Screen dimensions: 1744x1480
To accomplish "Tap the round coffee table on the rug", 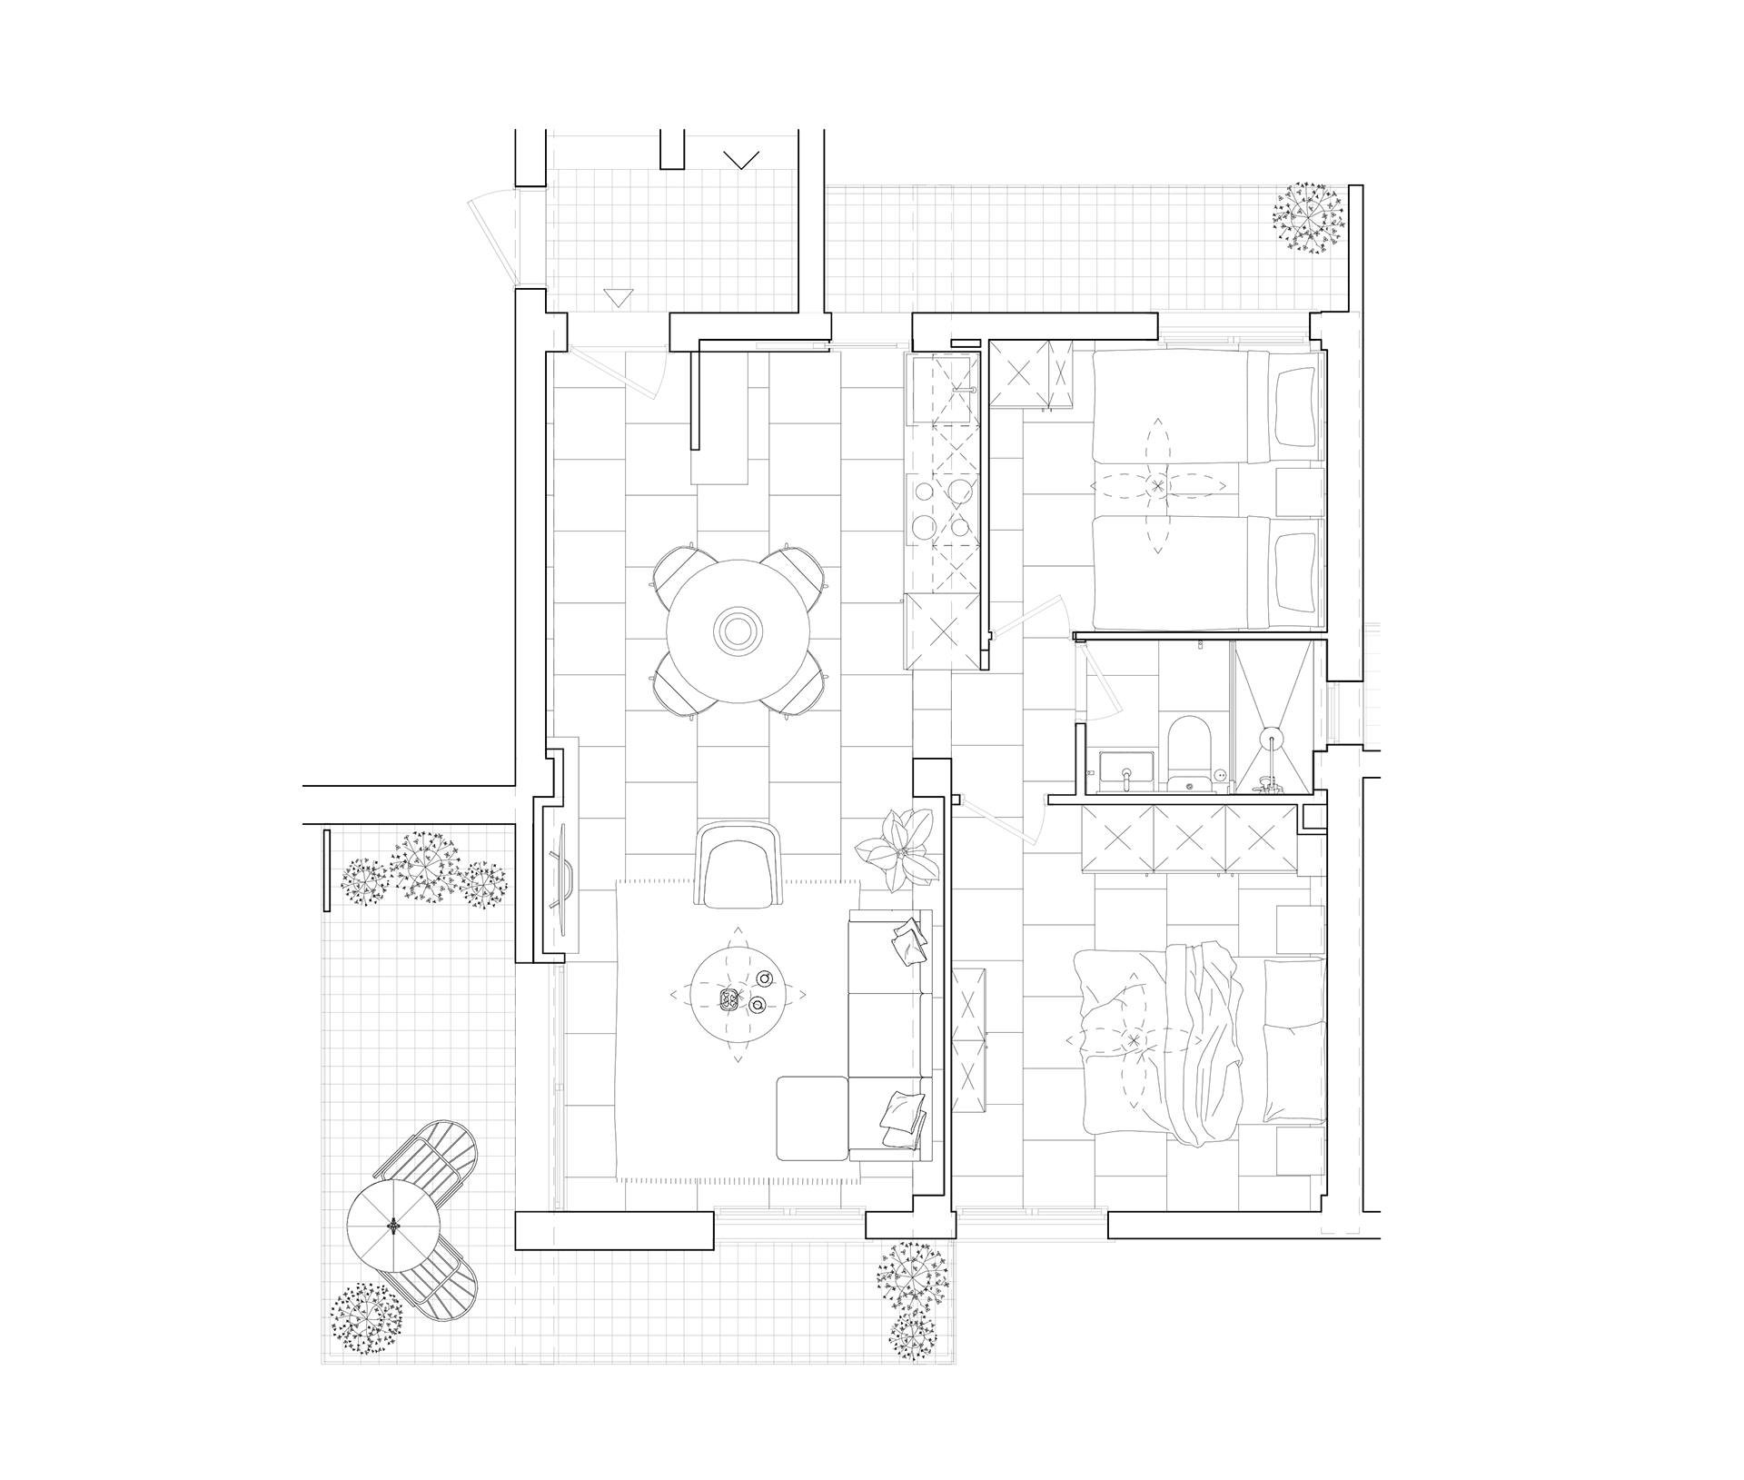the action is [736, 994].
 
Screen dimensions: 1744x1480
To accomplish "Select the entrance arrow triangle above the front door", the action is [619, 296].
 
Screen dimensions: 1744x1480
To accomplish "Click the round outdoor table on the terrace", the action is [393, 1226].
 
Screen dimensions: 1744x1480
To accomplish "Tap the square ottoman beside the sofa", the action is [811, 1117].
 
